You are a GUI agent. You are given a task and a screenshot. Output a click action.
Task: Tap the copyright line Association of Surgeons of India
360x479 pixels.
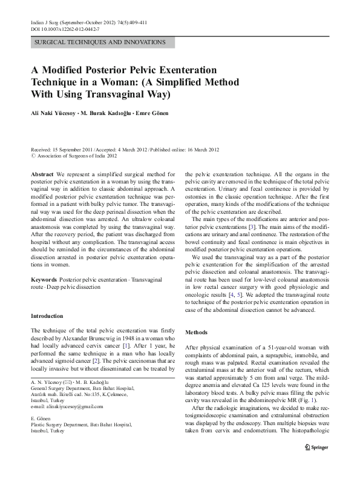coord(77,156)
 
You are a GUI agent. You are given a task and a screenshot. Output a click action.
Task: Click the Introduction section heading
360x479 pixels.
coord(47,315)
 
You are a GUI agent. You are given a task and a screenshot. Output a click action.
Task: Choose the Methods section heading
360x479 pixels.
coord(197,332)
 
